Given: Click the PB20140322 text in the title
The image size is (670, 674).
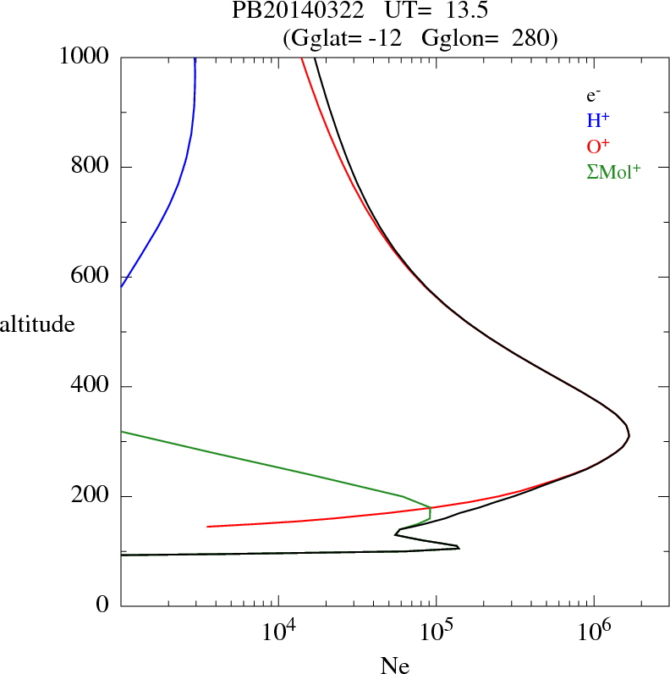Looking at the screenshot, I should click(290, 12).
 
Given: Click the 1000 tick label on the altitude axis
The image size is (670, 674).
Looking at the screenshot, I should click(85, 57).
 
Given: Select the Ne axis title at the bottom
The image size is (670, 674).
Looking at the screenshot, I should click(395, 666).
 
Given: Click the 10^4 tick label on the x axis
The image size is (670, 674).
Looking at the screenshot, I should click(279, 630).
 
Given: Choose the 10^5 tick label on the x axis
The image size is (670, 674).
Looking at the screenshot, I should click(437, 630).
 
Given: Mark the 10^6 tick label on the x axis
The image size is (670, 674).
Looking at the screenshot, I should click(595, 630).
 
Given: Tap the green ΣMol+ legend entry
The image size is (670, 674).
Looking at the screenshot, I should click(613, 171).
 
